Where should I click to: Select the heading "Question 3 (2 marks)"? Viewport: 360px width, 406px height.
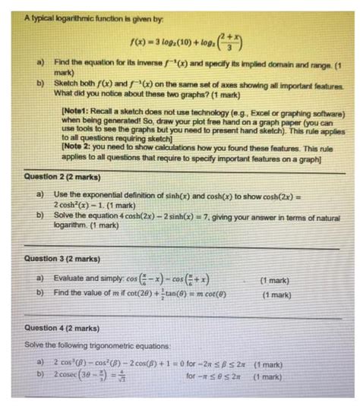(58, 259)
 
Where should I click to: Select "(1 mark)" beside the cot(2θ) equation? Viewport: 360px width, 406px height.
(276, 295)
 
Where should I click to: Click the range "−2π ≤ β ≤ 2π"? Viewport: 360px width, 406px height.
(216, 362)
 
